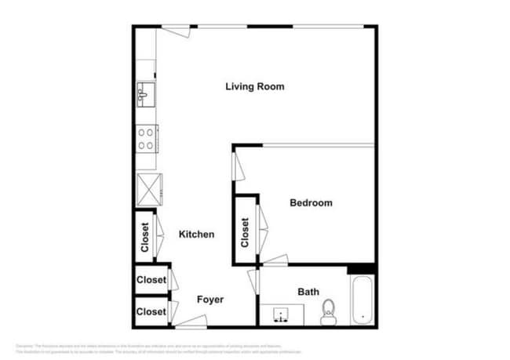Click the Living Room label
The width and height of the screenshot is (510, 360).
[254, 86]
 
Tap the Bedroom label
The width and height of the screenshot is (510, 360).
[311, 202]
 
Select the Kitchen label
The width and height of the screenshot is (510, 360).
[196, 235]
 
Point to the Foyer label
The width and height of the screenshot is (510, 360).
[210, 300]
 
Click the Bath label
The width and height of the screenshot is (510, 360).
[308, 293]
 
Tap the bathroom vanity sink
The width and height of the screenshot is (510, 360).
[279, 316]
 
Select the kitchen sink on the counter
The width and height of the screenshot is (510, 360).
[145, 94]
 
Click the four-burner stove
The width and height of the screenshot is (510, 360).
[146, 139]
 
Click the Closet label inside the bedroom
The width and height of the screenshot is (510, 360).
[246, 232]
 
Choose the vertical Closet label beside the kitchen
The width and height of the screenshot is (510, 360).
[145, 237]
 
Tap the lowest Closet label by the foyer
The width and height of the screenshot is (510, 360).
[151, 311]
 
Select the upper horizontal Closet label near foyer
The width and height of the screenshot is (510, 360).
[151, 280]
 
